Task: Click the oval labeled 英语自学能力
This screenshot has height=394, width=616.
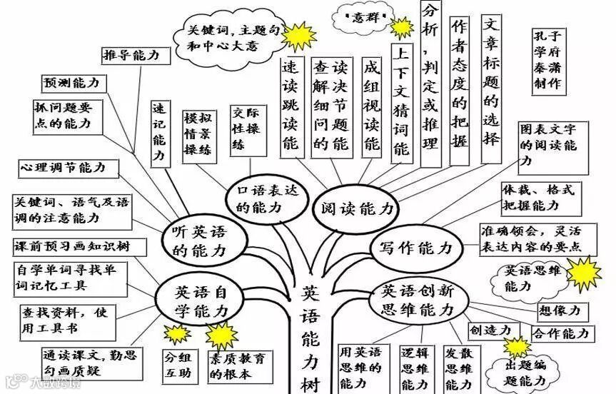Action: pyautogui.click(x=201, y=300)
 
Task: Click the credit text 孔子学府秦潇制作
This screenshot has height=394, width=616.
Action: pyautogui.click(x=547, y=60)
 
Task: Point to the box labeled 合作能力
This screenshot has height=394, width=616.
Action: pyautogui.click(x=561, y=333)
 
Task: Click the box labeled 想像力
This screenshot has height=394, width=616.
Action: pyautogui.click(x=562, y=311)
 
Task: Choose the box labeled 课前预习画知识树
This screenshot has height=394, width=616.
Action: pyautogui.click(x=79, y=247)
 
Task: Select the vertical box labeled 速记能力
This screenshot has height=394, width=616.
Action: pyautogui.click(x=158, y=131)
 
